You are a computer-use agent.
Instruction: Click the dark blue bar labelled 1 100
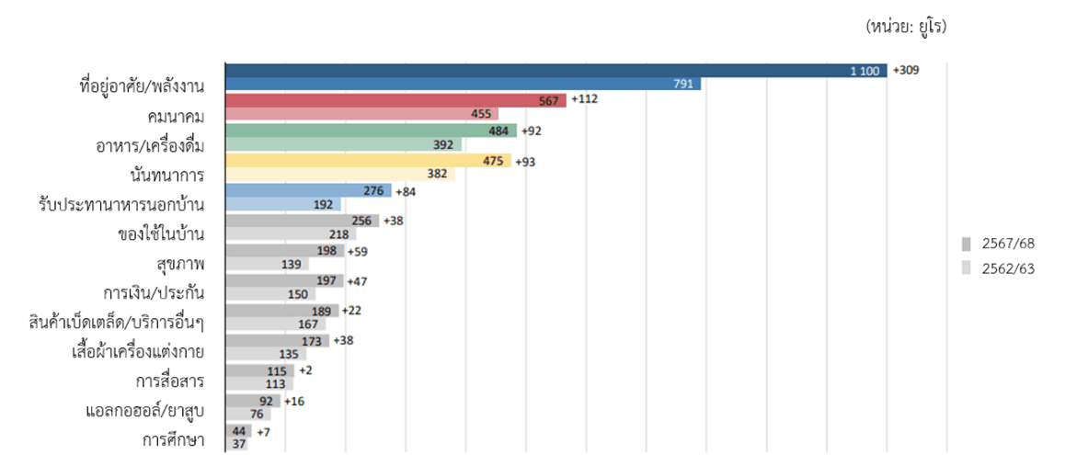tap(556, 70)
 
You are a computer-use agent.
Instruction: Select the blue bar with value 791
tap(463, 85)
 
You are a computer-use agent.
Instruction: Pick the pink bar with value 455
tap(361, 114)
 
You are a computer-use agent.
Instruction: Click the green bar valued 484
tap(371, 131)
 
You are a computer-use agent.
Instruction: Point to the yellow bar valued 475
tap(368, 161)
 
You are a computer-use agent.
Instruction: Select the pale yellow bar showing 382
tap(339, 175)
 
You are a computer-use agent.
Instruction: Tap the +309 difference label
tap(906, 70)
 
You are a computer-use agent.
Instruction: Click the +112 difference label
tap(585, 99)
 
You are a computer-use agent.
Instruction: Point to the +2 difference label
tap(306, 370)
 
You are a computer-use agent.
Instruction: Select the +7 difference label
tap(263, 431)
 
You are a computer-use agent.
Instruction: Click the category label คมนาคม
tap(176, 116)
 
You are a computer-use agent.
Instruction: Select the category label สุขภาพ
tap(181, 264)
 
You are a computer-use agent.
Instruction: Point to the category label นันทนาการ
tap(167, 175)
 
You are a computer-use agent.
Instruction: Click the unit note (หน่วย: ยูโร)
tap(905, 27)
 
